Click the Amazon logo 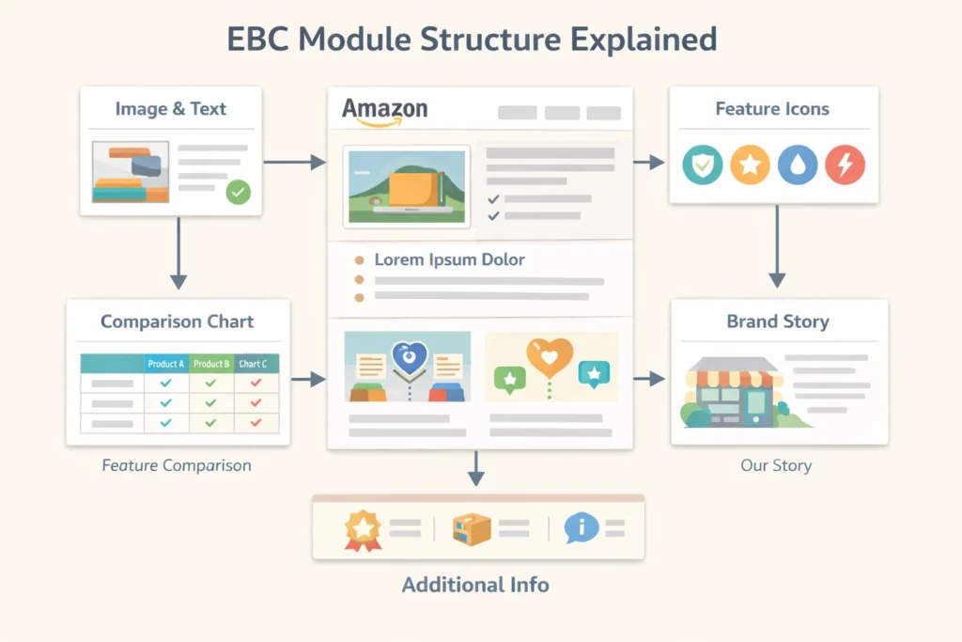tap(384, 111)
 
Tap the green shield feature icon tap(702, 165)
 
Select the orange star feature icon tap(750, 165)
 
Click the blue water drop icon tap(798, 165)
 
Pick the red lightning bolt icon tap(845, 165)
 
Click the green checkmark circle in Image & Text tap(239, 193)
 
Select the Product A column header tap(166, 364)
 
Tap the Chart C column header tap(253, 364)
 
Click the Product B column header tap(210, 364)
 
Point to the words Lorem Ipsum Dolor tap(449, 259)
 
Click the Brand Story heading tap(778, 321)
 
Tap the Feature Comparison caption tap(177, 465)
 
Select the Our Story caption tap(776, 465)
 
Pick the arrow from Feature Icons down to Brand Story tap(777, 246)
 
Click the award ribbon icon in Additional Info tap(363, 528)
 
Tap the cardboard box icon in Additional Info tap(472, 528)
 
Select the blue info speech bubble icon tap(581, 527)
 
